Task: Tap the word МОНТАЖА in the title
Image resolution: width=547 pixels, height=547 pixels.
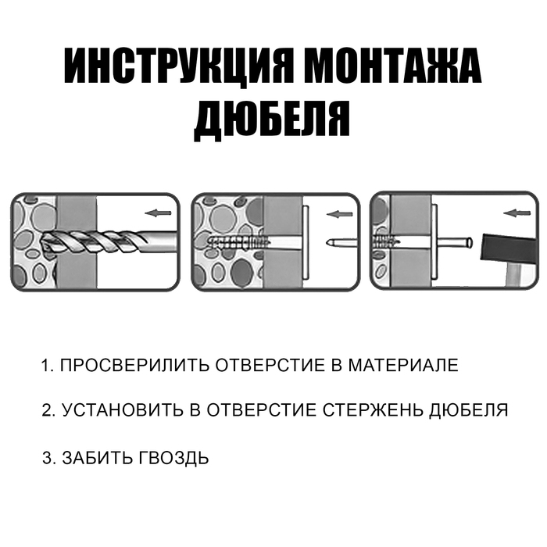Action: coord(392,65)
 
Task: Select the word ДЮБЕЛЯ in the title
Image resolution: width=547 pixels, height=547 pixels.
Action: coord(272,120)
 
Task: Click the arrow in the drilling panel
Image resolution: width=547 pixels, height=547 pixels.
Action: coord(158,213)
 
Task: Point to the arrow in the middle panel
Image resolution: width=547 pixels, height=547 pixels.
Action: coord(339,214)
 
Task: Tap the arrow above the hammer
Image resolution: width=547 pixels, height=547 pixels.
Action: coord(517,213)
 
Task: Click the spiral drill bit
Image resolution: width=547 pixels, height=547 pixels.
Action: coord(108,241)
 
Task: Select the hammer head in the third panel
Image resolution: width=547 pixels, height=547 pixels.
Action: coord(508,248)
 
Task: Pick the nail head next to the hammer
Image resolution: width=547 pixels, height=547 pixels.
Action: coord(470,241)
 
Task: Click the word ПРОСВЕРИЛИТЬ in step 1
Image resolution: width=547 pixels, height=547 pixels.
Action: coord(134,365)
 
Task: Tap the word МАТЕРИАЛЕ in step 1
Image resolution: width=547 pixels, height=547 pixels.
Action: coord(403,365)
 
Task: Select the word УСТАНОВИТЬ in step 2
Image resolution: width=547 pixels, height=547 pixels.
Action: coord(123,410)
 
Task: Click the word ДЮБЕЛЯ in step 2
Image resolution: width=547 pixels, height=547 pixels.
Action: coord(469,410)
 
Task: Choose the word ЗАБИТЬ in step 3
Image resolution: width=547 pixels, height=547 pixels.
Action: coord(97,458)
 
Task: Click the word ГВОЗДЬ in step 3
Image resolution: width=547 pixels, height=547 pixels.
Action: coord(173,459)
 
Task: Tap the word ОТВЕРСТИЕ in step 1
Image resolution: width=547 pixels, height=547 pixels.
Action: coord(270,365)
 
